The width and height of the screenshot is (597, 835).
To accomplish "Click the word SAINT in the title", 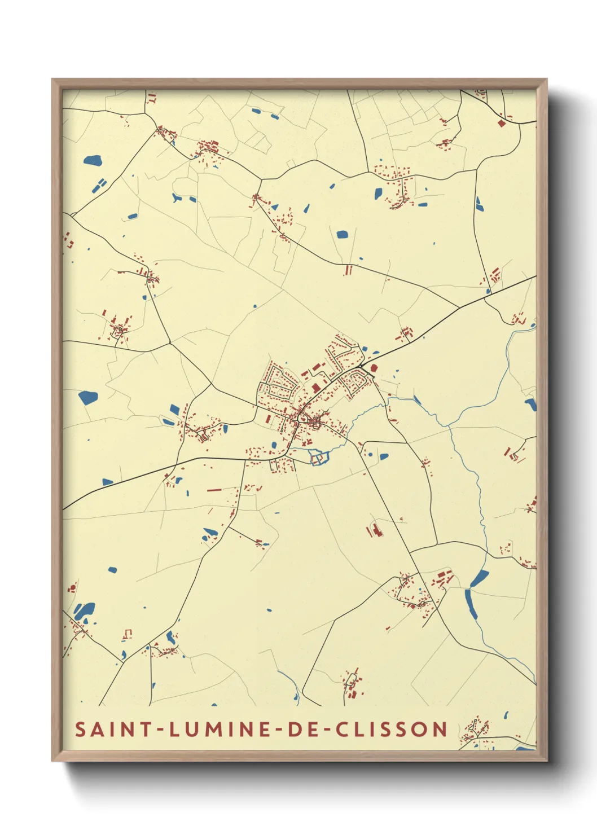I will tap(113, 729).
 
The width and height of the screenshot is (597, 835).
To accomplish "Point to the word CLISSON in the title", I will tap(392, 729).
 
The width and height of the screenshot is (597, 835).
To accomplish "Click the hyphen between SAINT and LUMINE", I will tap(160, 729).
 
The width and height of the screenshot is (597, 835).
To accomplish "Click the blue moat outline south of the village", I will tap(318, 458).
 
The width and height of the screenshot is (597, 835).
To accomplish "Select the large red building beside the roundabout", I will tap(374, 368).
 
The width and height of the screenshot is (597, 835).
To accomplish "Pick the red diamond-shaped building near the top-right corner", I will tap(501, 122).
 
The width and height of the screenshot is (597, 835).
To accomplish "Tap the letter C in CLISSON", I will tap(342, 729).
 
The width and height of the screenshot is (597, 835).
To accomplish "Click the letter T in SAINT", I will tap(146, 729).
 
